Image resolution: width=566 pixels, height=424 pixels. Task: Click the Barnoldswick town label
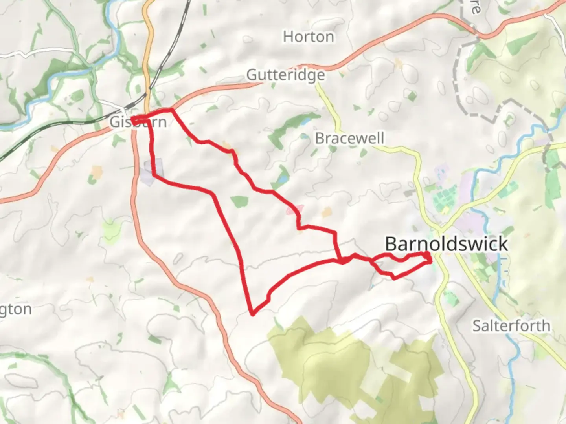[446, 244]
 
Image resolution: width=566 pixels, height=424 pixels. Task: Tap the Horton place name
[309, 37]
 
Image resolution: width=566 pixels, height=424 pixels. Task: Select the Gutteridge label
[286, 75]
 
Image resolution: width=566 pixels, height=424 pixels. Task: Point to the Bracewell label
[349, 138]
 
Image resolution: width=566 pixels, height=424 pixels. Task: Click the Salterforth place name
[511, 326]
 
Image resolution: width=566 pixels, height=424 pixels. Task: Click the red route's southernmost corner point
[253, 313]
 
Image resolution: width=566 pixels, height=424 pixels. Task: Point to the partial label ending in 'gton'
[16, 309]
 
